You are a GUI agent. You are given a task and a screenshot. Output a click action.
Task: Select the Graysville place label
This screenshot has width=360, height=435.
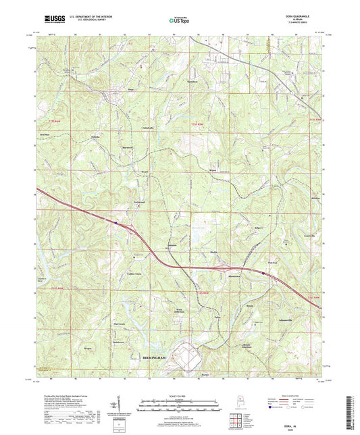[310, 236]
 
